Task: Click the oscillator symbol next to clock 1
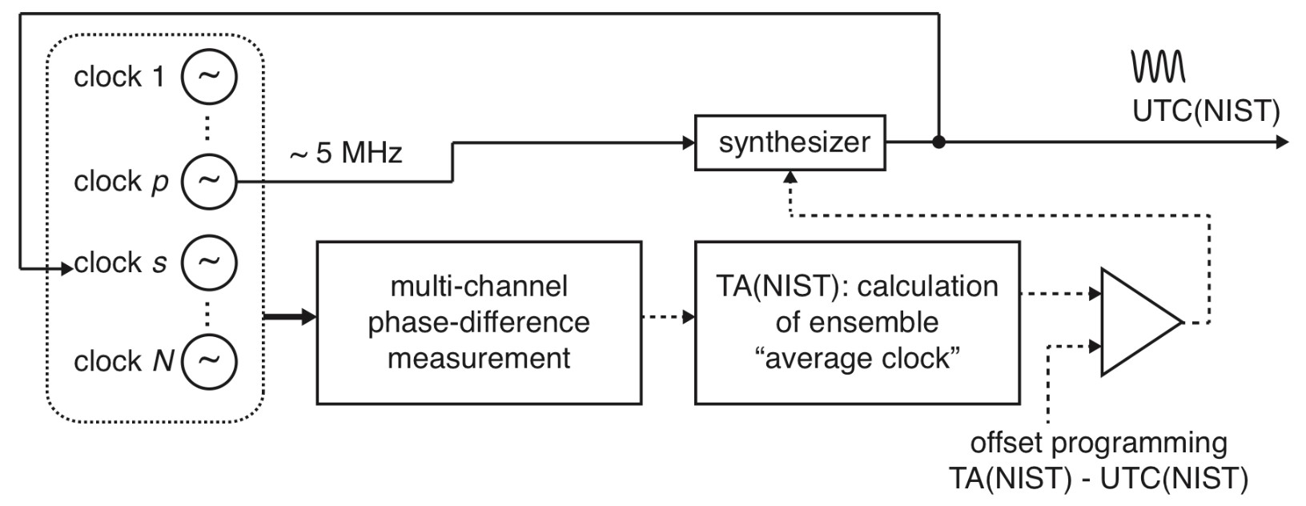tap(209, 76)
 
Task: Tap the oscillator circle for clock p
tap(209, 180)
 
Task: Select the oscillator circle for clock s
tap(209, 262)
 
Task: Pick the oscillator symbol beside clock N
tap(209, 360)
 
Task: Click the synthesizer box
tap(790, 143)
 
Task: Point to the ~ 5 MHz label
tap(346, 152)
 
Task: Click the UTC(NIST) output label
tap(1205, 111)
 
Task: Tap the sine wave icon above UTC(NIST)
tap(1157, 66)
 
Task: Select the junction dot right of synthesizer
tap(938, 143)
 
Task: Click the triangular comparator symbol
tap(1135, 323)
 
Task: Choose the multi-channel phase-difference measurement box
tap(479, 322)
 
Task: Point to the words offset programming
tap(1098, 443)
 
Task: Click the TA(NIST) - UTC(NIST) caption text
tap(1098, 478)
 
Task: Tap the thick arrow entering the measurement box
tap(291, 318)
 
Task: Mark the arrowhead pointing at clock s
tap(67, 270)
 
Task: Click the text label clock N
tap(124, 361)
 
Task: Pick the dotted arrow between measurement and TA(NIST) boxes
tap(669, 317)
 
